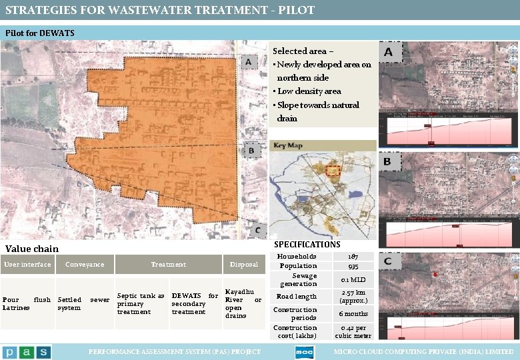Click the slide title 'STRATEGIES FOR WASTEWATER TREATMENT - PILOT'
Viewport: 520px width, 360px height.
(160, 10)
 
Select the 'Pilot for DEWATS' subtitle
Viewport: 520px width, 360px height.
(40, 33)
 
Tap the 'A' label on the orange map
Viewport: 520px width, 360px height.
(248, 62)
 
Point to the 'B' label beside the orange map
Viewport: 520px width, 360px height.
(251, 151)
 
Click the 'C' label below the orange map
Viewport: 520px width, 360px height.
(257, 231)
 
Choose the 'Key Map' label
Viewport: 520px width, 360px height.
(289, 146)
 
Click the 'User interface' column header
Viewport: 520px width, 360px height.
(27, 265)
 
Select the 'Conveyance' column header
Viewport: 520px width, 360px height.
(85, 265)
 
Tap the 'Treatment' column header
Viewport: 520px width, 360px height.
(168, 265)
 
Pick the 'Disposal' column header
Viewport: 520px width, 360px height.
(243, 265)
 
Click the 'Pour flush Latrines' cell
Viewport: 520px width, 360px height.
(27, 303)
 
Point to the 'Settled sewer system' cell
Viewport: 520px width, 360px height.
(84, 303)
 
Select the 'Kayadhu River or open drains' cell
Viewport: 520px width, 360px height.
(243, 303)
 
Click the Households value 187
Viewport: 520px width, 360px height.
(353, 256)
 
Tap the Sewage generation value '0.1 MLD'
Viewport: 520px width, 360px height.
(353, 279)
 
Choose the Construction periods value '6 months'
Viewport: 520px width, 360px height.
(353, 313)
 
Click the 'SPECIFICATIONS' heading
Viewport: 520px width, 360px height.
(307, 245)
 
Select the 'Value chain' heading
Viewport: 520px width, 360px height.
(32, 249)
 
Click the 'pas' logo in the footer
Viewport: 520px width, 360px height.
(27, 351)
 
